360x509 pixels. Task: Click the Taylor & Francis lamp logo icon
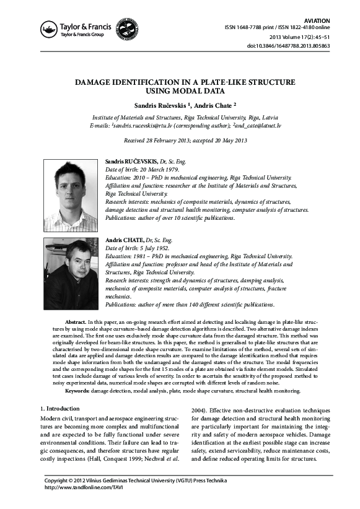point(48,28)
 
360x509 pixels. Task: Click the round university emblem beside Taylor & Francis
point(127,28)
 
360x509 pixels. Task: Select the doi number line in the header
point(289,46)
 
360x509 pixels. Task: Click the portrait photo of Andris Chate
point(70,274)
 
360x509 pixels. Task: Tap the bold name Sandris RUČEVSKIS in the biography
point(132,161)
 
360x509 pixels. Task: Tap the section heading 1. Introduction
point(59,409)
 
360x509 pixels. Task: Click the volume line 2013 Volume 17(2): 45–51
point(299,37)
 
